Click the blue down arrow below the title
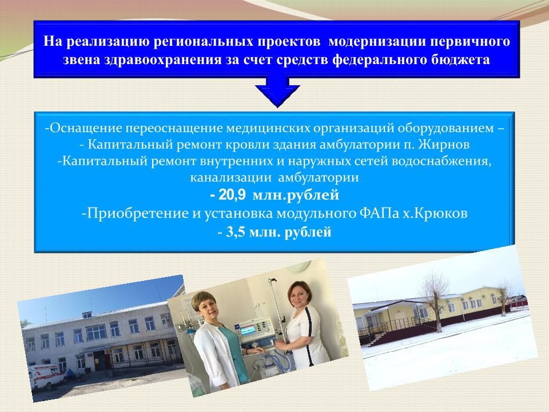[277, 91]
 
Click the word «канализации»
[230, 177]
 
